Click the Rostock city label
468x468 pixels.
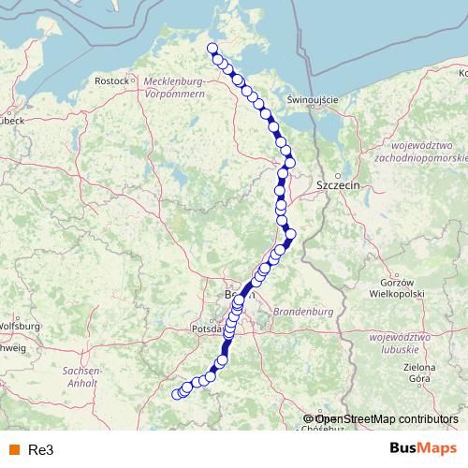pos(110,81)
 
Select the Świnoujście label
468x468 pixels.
pos(312,99)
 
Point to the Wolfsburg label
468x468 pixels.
pos(18,326)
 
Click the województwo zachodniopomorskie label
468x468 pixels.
pos(415,154)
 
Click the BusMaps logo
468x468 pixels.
pos(417,448)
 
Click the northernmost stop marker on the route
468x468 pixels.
pos(212,49)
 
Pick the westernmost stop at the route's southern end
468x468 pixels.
pos(176,394)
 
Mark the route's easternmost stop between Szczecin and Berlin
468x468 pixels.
pos(290,233)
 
